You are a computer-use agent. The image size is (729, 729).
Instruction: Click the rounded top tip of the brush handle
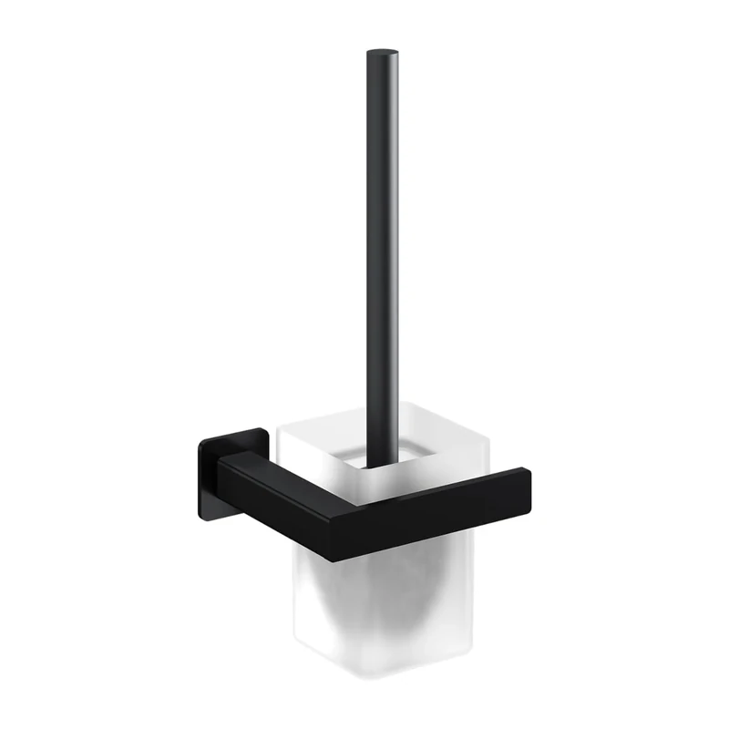(x=382, y=55)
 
